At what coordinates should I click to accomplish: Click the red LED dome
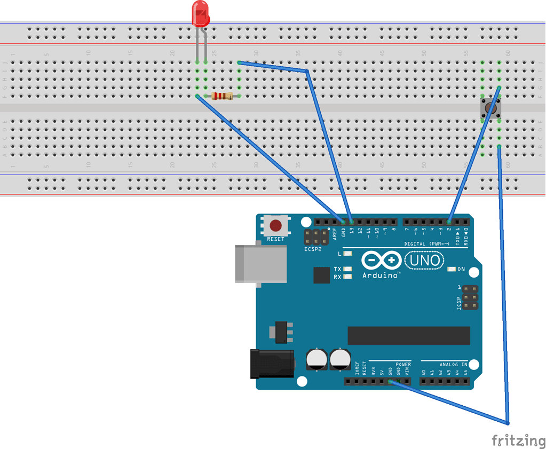[201, 14]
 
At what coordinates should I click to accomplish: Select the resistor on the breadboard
[222, 96]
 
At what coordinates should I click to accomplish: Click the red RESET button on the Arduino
[276, 225]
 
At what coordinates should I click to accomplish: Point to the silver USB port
[260, 263]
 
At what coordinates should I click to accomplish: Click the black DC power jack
[272, 363]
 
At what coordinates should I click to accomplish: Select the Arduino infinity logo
[381, 261]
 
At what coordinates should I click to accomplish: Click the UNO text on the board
[424, 261]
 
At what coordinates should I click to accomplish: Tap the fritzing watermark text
[518, 440]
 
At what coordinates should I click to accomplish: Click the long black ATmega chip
[408, 335]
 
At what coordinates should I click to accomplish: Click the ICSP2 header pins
[316, 238]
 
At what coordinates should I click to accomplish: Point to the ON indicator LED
[452, 269]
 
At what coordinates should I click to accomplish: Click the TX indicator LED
[349, 269]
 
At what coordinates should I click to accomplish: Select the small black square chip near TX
[322, 275]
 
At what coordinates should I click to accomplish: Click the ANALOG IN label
[453, 365]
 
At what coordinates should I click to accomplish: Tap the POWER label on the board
[403, 365]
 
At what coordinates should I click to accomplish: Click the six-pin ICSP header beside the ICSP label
[469, 297]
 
